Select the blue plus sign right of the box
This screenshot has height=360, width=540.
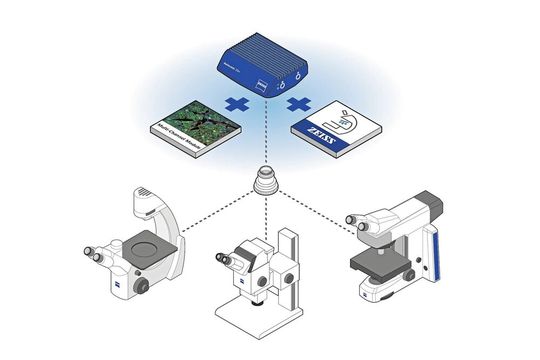(x=296, y=103)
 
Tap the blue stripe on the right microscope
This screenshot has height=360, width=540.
(x=435, y=260)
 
